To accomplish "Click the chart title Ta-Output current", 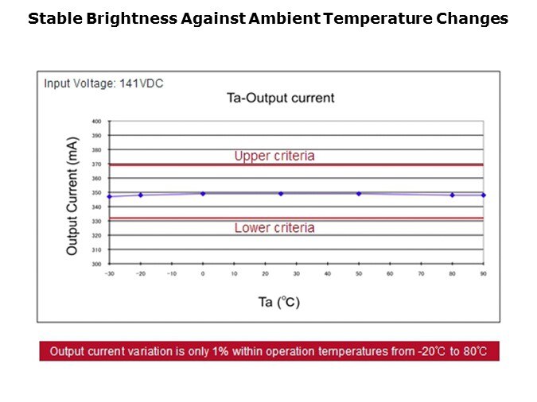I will click(x=280, y=98).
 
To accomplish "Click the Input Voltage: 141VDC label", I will click(x=103, y=83).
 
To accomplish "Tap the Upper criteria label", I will click(x=274, y=156).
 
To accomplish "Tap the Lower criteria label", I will click(x=274, y=227).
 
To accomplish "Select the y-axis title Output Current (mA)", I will click(x=72, y=196).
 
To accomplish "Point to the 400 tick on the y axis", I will click(x=96, y=122).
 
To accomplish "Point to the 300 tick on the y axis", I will click(x=96, y=264).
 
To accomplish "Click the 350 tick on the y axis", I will click(x=96, y=193).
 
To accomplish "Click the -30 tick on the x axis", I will click(x=109, y=273).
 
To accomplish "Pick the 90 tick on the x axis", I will click(x=483, y=273).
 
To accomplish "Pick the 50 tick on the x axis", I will click(x=358, y=273).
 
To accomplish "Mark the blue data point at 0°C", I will click(x=203, y=193).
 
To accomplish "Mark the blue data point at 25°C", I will click(x=281, y=193).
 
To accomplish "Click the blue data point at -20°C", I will click(x=141, y=195).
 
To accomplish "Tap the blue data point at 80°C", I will click(x=452, y=195).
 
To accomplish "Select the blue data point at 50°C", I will click(x=359, y=193).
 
